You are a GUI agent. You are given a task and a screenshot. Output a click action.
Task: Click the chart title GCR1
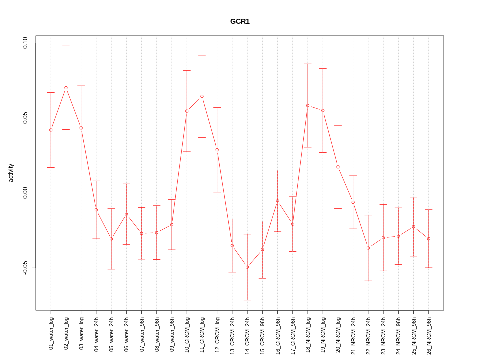pos(240,21)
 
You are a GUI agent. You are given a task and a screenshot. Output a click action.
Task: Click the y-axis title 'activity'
pos(11,173)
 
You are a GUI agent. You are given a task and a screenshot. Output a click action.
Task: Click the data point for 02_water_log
pos(66,88)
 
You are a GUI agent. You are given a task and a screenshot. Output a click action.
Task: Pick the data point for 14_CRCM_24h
pos(247,267)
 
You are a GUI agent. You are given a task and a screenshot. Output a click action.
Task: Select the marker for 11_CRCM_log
pos(202,96)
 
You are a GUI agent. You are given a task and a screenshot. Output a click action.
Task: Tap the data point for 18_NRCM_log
pos(308,105)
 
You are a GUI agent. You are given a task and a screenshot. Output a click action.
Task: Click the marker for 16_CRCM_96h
pos(277,201)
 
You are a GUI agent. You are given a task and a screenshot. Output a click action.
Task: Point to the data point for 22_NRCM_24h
pos(368,248)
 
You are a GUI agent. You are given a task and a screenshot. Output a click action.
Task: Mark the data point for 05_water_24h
pos(111,239)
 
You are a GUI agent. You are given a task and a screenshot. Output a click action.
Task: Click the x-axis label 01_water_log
pos(51,333)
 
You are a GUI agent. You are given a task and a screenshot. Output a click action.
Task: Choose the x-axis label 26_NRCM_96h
pos(429,333)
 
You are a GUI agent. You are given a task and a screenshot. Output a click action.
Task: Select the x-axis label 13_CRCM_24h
pos(232,333)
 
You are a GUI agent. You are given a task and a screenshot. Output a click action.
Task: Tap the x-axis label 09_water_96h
pos(172,333)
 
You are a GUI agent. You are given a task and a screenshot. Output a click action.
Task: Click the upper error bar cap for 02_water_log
pos(66,46)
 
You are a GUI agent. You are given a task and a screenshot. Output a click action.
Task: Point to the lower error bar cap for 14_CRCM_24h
pos(247,300)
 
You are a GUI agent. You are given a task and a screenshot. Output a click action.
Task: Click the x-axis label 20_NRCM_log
pos(338,333)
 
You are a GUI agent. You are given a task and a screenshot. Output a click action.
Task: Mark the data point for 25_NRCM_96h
pos(413,227)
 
